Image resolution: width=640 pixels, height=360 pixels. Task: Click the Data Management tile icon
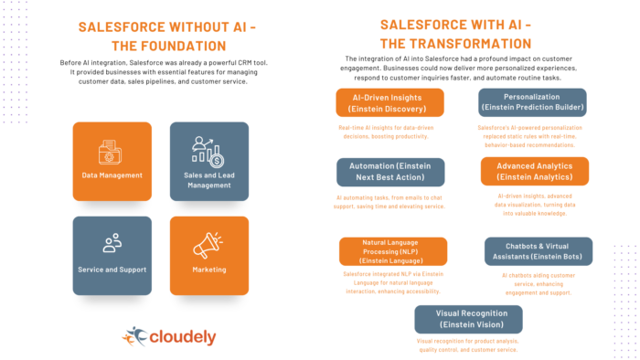tap(112, 152)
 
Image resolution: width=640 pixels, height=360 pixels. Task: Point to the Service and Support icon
tap(112, 243)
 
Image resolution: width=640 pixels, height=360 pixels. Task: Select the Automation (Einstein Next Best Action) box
tap(390, 172)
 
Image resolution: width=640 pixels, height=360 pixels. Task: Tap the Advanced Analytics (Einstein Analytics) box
tap(535, 172)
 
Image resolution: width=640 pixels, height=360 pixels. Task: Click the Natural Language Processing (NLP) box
tap(393, 251)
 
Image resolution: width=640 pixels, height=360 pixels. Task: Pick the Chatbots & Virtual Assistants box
tap(538, 251)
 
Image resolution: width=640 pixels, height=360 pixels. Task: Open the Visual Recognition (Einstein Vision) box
tap(468, 319)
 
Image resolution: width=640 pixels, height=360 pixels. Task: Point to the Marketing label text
tap(208, 270)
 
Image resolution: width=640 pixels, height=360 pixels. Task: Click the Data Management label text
tap(112, 175)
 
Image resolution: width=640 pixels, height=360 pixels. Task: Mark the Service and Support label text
tap(112, 270)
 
